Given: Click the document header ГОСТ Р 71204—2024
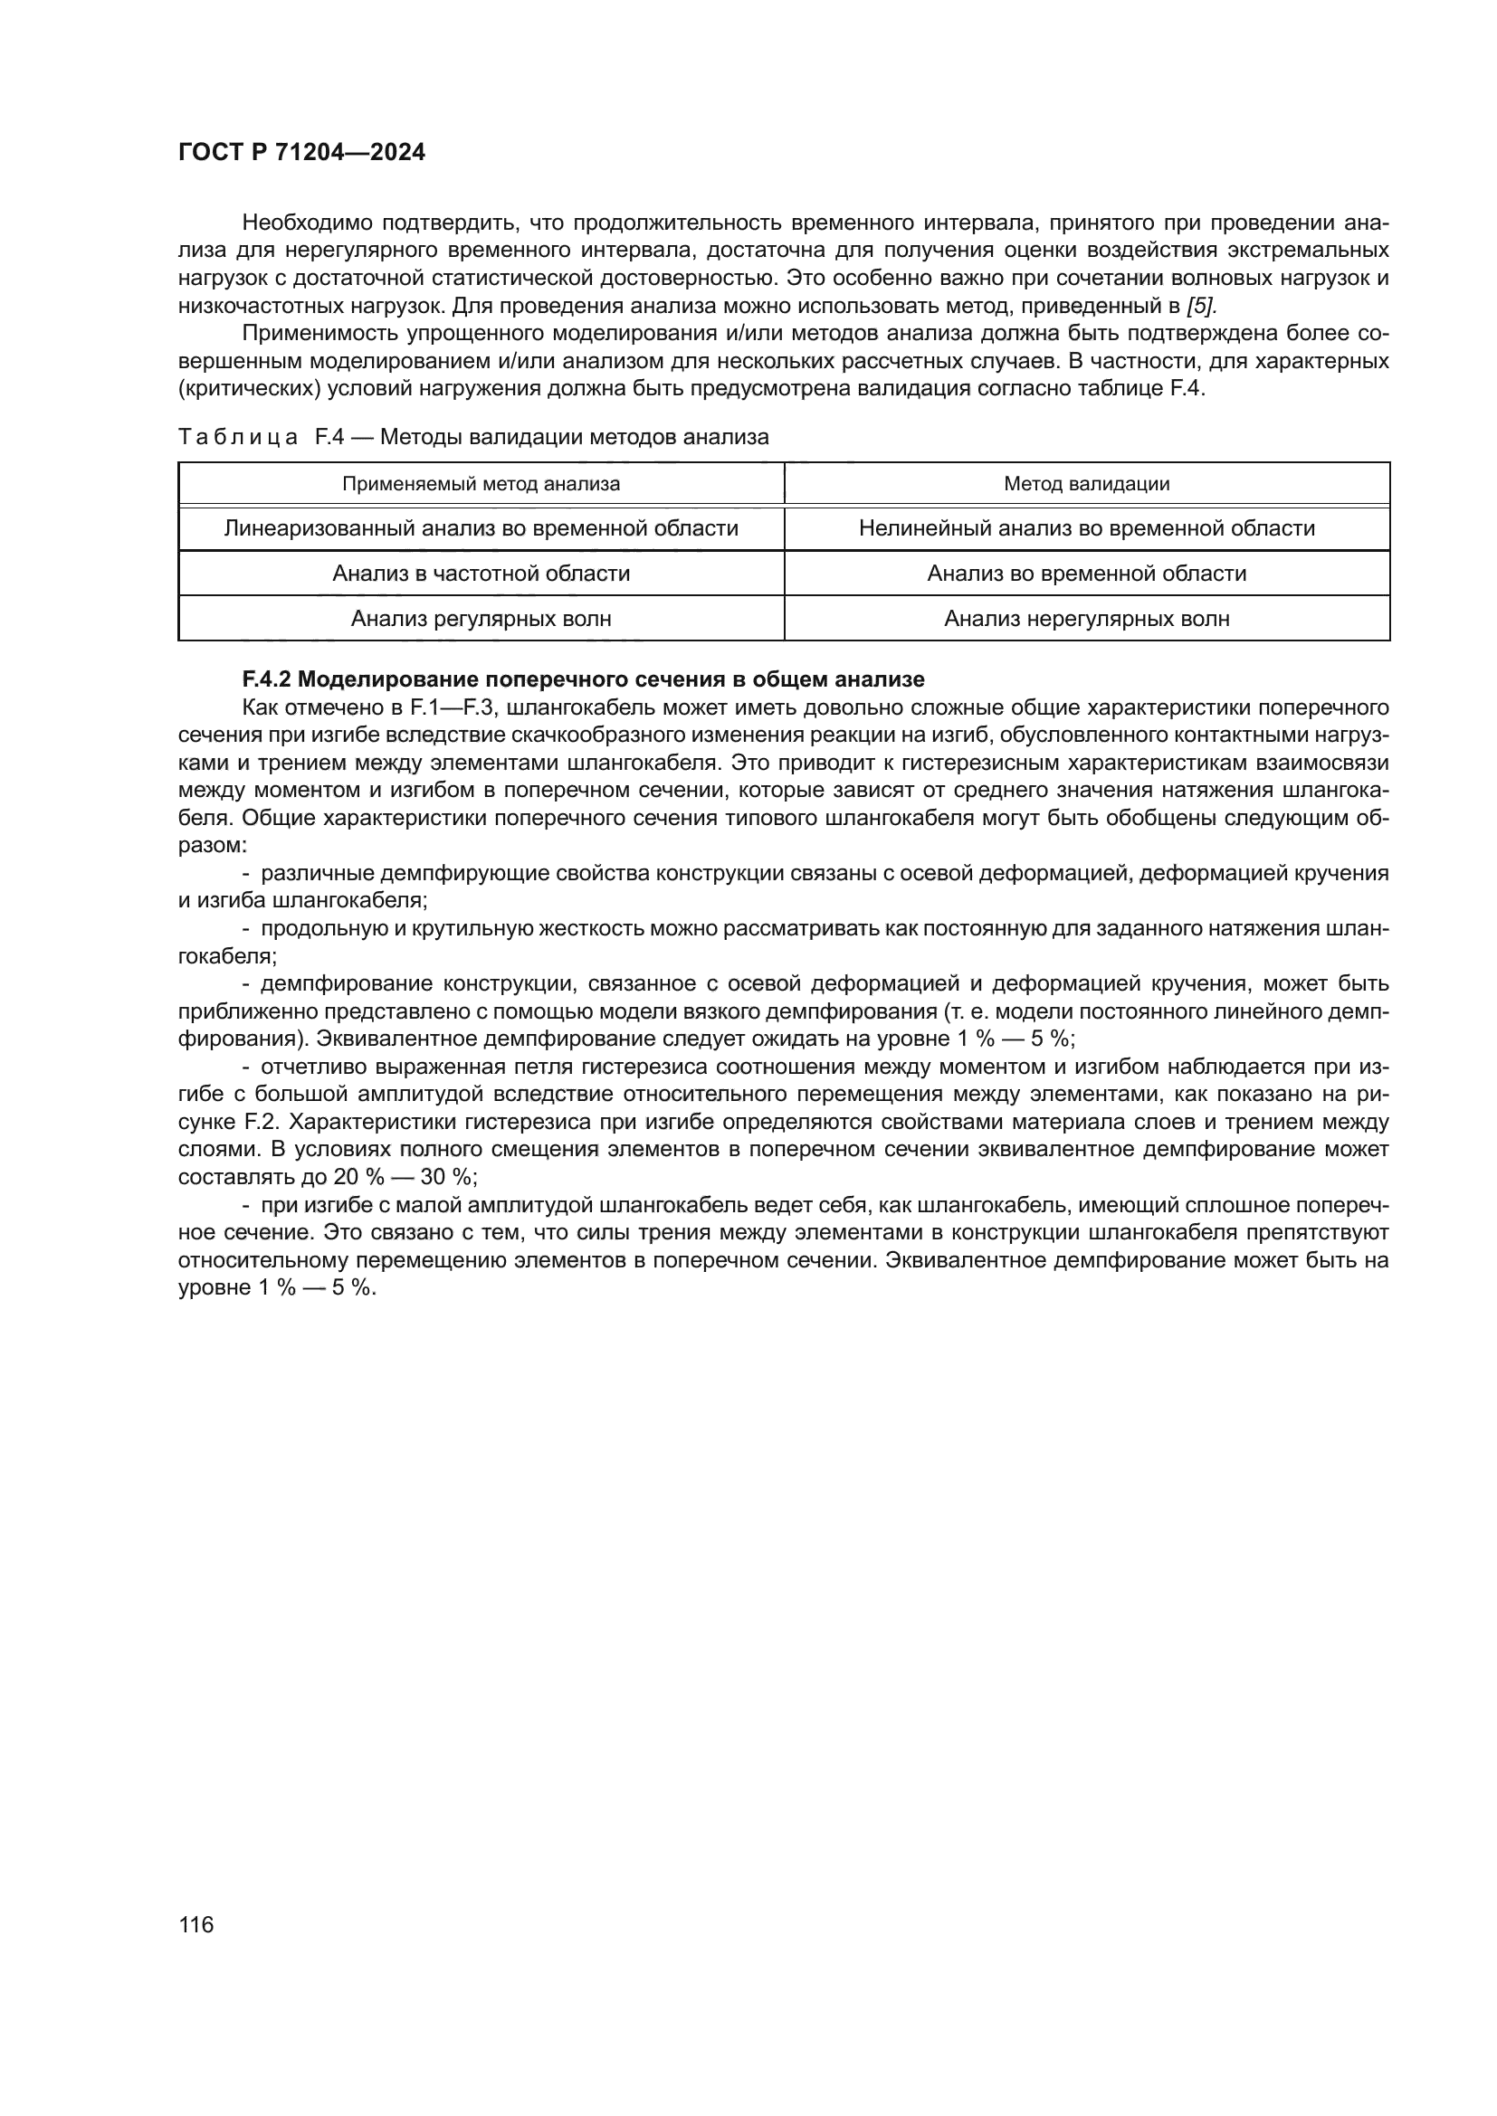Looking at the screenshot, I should coord(301,153).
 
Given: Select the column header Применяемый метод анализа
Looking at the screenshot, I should coord(482,484).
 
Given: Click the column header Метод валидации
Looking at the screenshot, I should coord(1087,484).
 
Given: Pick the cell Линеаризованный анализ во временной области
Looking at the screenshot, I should coord(482,528).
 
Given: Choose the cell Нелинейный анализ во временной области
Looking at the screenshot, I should coord(1087,528).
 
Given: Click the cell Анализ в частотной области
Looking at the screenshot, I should coord(482,574).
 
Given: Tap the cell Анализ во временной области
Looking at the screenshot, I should coord(1087,574).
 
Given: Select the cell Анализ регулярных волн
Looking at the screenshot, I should coord(482,619).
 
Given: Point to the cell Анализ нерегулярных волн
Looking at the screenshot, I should coord(1087,619).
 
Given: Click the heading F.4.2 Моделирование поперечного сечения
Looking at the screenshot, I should coord(583,680).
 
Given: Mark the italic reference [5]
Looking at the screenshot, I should coord(1202,305).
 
